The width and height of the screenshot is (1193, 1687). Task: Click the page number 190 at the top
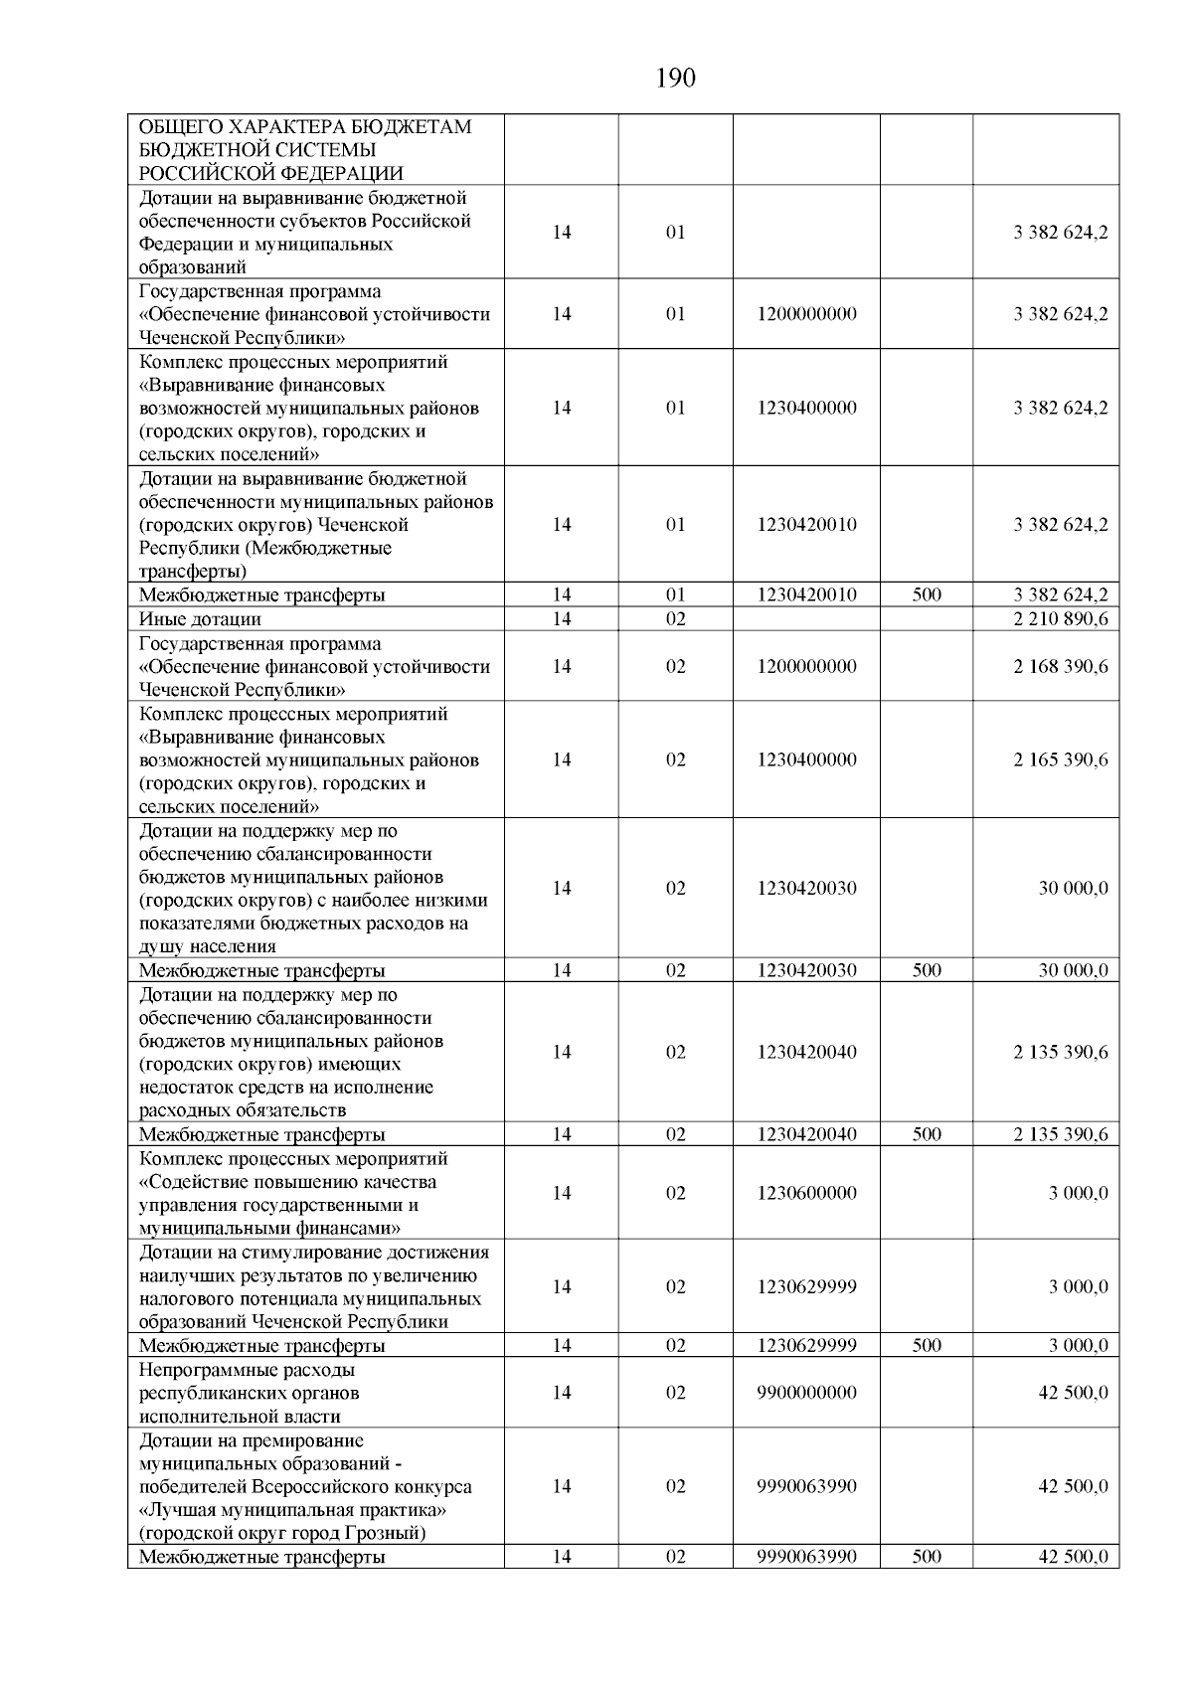click(676, 78)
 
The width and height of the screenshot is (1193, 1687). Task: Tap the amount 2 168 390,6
click(1061, 666)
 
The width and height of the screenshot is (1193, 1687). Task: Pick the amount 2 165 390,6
click(1061, 759)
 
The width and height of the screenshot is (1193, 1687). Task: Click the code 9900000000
click(806, 1392)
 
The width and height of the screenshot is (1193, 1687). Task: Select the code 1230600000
click(806, 1193)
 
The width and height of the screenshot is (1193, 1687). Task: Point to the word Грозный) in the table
click(387, 1532)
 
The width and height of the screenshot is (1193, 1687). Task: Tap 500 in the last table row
click(926, 1556)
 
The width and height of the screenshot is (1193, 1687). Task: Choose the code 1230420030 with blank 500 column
click(806, 888)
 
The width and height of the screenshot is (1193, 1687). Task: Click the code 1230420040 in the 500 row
click(806, 1134)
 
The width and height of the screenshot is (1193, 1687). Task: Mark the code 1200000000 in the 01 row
click(806, 314)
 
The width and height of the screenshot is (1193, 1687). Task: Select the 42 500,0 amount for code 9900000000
click(1073, 1392)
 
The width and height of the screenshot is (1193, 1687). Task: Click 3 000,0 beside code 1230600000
click(1078, 1193)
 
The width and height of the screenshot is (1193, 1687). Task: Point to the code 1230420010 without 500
click(806, 525)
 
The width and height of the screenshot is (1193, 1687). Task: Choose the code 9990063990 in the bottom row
click(806, 1556)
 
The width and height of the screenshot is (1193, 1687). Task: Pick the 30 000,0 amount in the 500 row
click(1073, 970)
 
